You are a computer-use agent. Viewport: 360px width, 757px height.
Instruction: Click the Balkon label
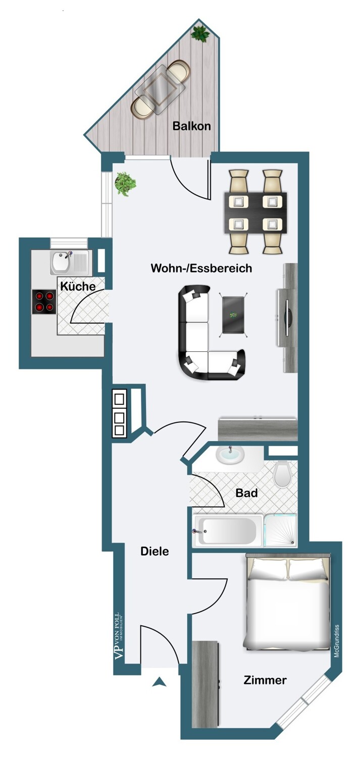click(192, 126)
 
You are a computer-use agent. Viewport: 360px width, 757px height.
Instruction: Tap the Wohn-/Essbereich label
click(201, 268)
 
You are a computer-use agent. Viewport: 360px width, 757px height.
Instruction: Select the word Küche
click(78, 286)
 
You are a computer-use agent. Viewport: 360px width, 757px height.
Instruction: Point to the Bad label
click(246, 493)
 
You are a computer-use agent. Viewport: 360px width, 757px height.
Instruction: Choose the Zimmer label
click(265, 680)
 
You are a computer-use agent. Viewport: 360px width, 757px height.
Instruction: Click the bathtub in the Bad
click(227, 531)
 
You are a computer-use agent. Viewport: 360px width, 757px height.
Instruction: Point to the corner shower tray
click(281, 530)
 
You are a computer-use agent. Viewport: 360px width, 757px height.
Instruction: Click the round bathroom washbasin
click(230, 455)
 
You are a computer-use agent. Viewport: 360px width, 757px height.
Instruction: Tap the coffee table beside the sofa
click(233, 314)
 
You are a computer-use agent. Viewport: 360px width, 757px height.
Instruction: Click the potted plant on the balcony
click(200, 34)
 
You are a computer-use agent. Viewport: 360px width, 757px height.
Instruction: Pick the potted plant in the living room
click(125, 184)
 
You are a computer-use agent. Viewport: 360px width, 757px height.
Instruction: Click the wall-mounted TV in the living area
click(287, 317)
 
